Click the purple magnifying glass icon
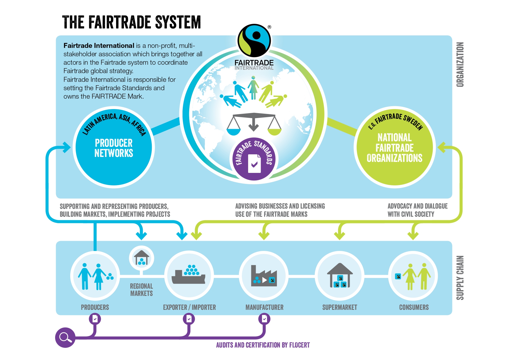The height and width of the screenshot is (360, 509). click(x=65, y=337)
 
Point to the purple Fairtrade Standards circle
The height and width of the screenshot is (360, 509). click(x=254, y=159)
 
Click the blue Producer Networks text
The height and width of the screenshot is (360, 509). click(x=114, y=148)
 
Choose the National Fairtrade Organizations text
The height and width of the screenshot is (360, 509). click(x=395, y=148)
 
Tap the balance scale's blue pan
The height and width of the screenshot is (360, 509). click(x=233, y=132)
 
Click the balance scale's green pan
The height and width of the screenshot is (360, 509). click(x=274, y=132)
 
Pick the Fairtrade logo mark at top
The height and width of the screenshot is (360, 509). click(x=254, y=40)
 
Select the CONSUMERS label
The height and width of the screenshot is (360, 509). click(x=414, y=307)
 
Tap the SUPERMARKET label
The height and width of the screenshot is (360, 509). click(x=340, y=307)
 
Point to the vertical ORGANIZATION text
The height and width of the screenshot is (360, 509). click(x=460, y=64)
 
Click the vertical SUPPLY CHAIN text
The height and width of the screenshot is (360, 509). click(x=460, y=278)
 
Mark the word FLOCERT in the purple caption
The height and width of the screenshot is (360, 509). click(x=299, y=345)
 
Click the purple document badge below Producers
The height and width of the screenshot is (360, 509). click(x=95, y=319)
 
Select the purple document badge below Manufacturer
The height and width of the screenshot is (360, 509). click(x=264, y=319)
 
